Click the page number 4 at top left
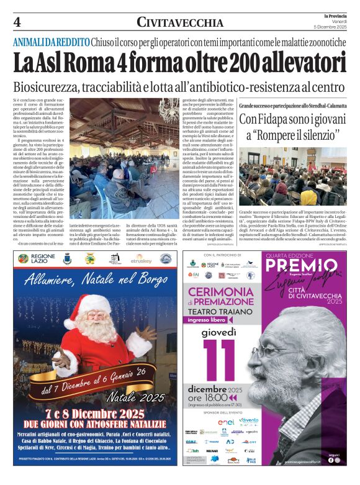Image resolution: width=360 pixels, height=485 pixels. pos(17,22)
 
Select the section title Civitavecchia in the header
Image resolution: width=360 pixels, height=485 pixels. pos(180,23)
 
